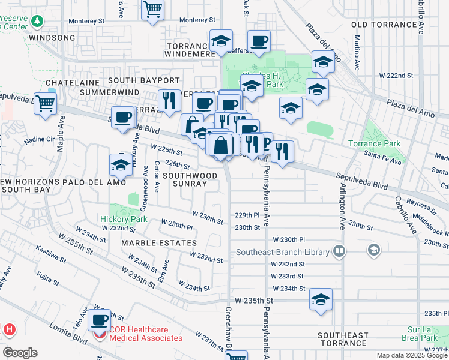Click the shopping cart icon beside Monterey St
(153, 10)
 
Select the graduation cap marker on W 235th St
(321, 300)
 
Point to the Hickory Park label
(124, 220)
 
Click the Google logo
(20, 353)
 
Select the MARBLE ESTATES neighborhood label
(159, 243)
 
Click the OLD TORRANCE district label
(383, 25)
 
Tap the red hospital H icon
(10, 329)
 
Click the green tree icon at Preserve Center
(38, 21)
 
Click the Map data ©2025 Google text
(412, 355)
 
